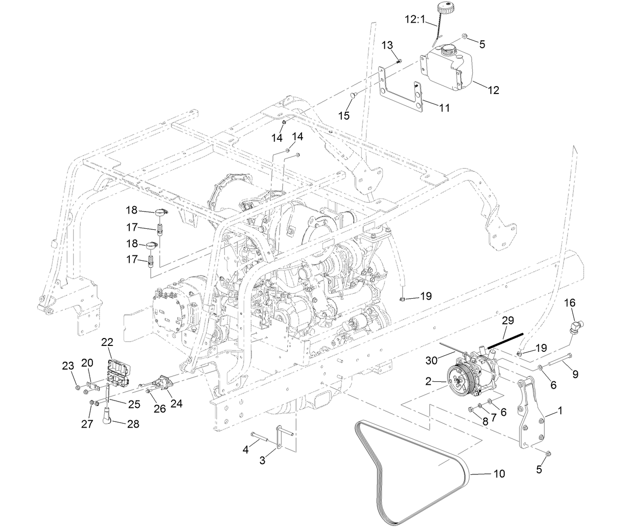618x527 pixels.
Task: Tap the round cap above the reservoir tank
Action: click(446, 8)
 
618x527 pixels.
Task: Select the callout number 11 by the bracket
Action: click(444, 108)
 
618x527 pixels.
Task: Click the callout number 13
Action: click(387, 45)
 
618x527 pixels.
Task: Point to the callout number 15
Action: click(344, 115)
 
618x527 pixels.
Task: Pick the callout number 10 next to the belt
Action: click(499, 474)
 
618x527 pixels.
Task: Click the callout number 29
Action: click(508, 320)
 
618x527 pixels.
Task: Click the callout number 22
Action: click(108, 341)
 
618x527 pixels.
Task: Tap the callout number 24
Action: click(176, 403)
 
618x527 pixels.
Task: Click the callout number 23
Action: click(68, 366)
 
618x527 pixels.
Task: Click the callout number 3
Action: click(263, 461)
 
